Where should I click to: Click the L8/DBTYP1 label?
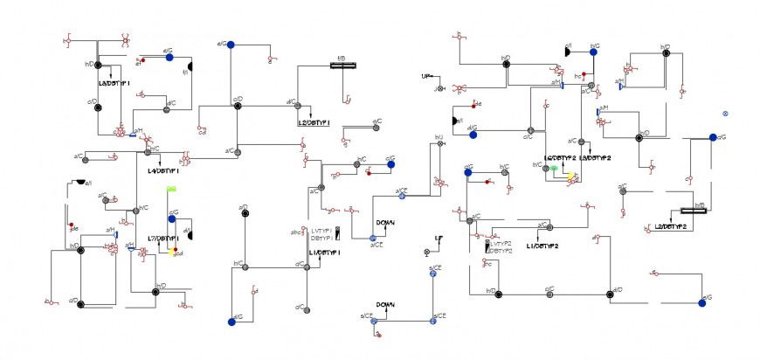114,84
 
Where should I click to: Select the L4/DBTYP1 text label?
163,171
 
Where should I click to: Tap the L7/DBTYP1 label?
163,238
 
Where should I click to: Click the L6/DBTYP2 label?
559,158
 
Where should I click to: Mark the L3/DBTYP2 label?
595,158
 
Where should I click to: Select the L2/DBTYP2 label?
671,226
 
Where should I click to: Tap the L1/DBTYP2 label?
542,246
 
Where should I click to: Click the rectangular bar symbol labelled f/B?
340,66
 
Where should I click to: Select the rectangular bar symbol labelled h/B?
694,211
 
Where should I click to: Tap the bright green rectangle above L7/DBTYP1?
172,189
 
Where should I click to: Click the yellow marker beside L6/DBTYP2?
570,177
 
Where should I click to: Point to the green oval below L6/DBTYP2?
553,167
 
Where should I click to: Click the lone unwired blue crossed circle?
725,114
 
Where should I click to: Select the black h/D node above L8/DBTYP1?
99,65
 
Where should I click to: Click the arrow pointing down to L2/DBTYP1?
312,113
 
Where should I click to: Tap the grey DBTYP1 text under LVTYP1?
321,238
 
